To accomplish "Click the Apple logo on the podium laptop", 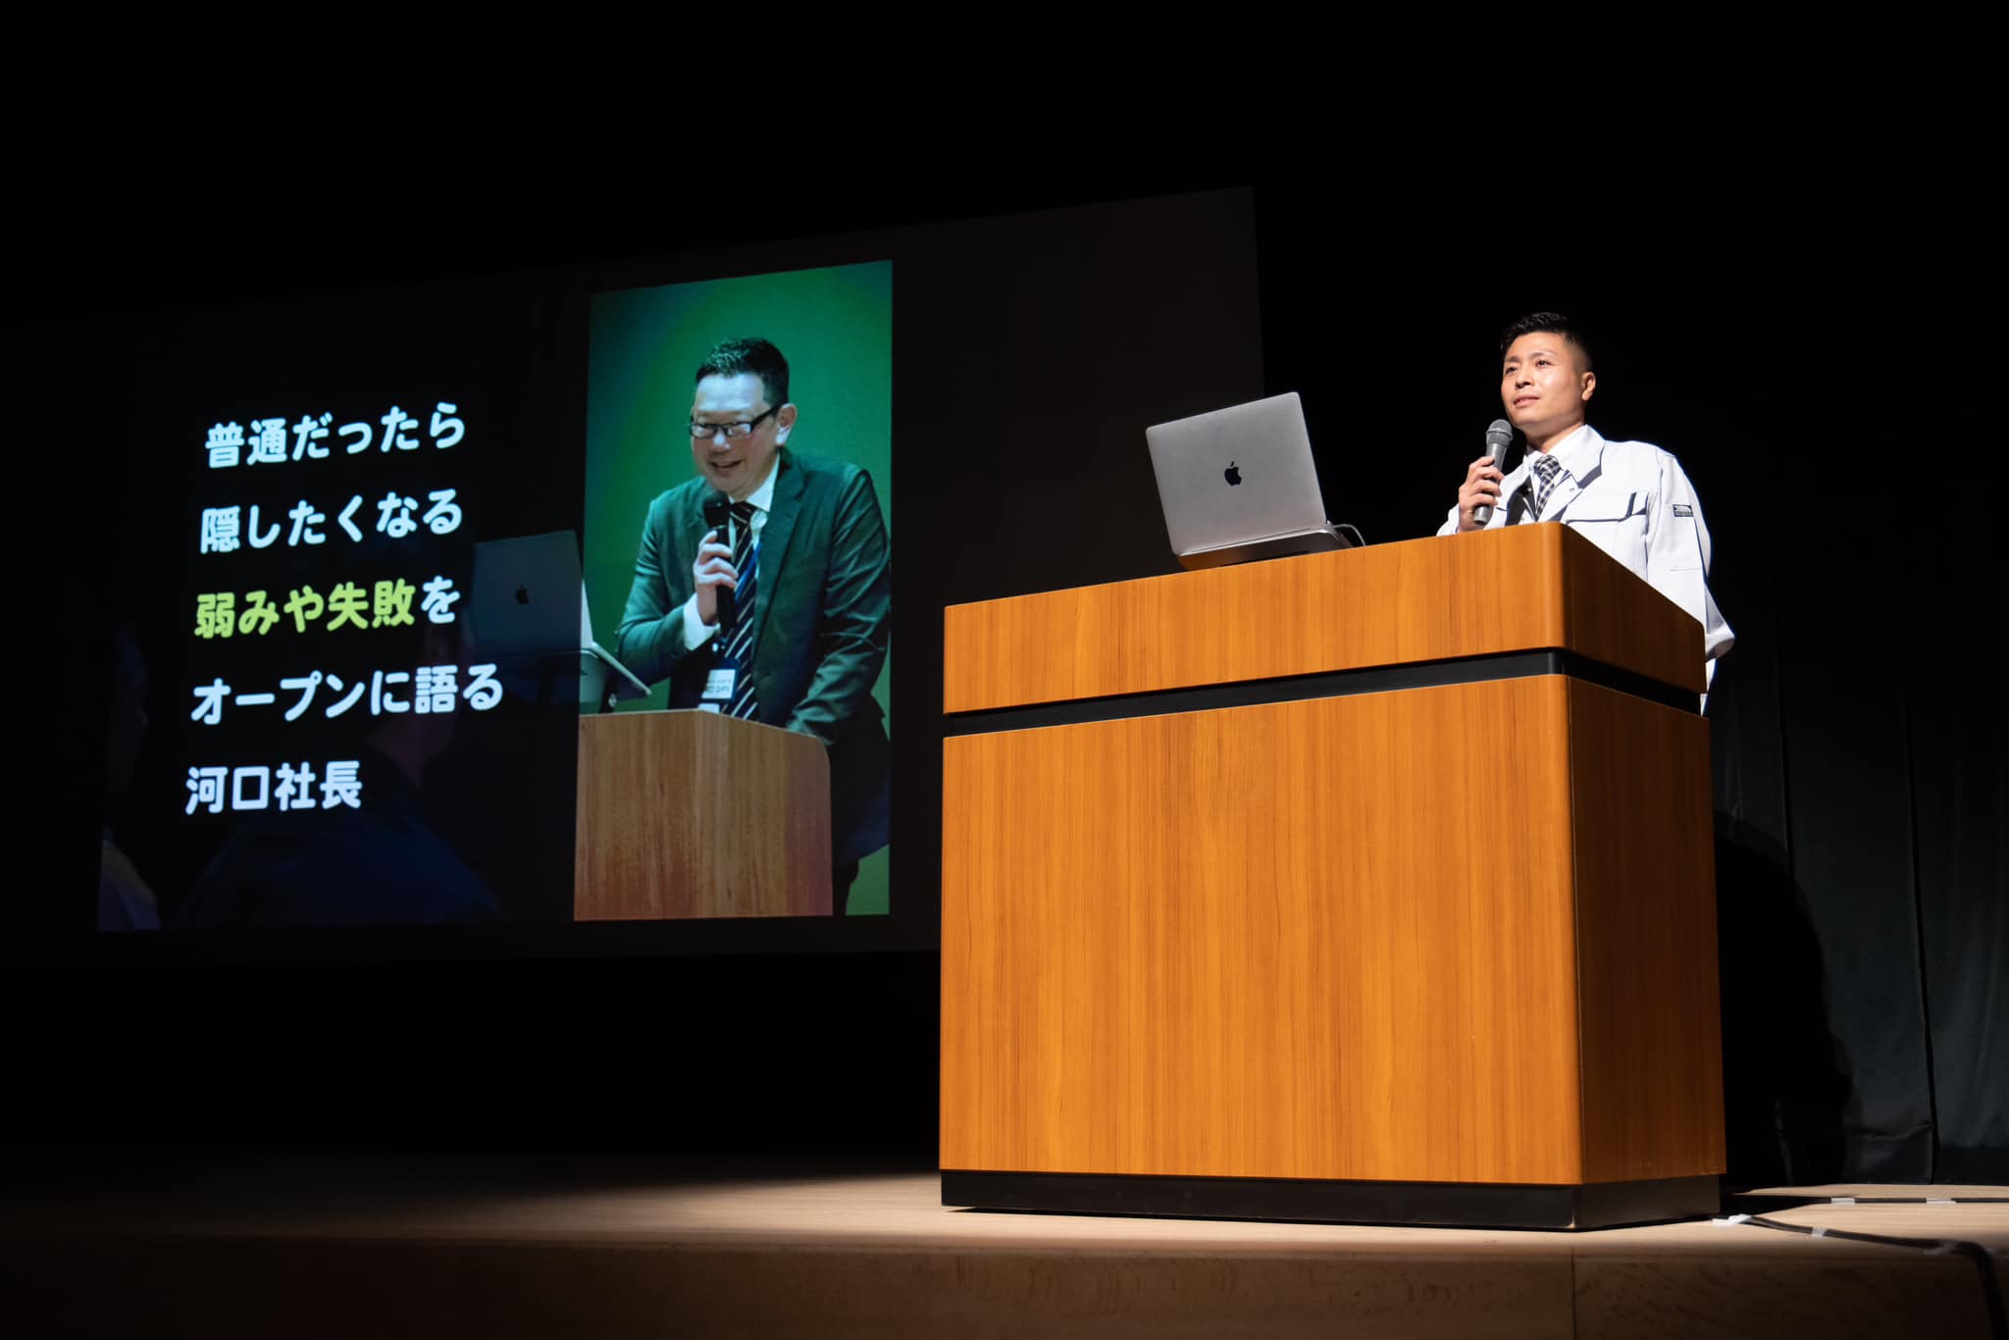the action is [1232, 475].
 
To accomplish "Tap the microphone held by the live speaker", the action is [1493, 467].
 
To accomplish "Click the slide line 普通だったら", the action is [335, 438].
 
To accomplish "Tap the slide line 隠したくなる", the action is [331, 522].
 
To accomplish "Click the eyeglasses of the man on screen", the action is [734, 423].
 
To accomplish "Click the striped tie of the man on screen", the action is [743, 608].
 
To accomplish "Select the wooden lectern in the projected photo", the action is [702, 814].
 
